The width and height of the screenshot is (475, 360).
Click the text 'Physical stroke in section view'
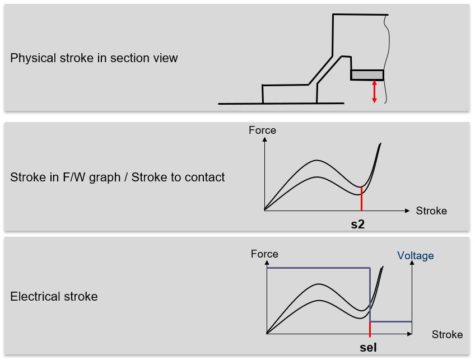click(x=94, y=58)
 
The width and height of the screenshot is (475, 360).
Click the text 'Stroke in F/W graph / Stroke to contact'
click(x=117, y=177)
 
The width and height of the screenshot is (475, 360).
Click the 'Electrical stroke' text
click(x=54, y=297)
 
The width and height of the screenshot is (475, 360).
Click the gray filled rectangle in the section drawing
click(x=367, y=75)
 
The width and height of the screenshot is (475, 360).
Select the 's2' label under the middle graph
click(x=357, y=225)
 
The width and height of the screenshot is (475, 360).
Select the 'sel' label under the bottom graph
click(x=368, y=348)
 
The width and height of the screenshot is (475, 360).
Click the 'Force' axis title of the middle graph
click(x=262, y=130)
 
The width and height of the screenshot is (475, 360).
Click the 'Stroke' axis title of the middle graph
click(x=431, y=211)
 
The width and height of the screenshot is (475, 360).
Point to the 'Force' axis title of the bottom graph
click(x=264, y=254)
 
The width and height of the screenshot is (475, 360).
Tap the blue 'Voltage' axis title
click(x=415, y=256)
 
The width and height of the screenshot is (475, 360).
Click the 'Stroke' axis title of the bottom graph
click(x=447, y=335)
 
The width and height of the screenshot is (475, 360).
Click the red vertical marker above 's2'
click(x=362, y=199)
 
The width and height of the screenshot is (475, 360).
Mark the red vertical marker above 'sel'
click(x=370, y=328)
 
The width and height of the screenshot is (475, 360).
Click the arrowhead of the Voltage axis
click(x=412, y=265)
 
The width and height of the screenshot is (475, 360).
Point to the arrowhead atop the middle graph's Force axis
click(x=264, y=139)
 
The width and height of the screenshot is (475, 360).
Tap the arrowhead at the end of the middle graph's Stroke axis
click(x=407, y=211)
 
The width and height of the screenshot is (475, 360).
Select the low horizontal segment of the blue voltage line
click(x=391, y=322)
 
